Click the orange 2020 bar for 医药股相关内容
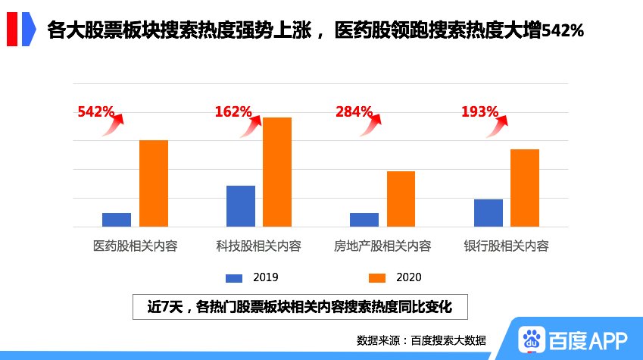(154, 183)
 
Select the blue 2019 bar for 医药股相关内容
(117, 219)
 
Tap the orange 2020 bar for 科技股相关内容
(277, 172)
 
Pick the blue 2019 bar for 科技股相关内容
(241, 205)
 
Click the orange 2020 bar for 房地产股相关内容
(401, 199)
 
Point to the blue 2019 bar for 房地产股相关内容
(364, 219)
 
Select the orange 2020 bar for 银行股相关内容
(525, 188)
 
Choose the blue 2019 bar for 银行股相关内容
(488, 212)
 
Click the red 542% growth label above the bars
(95, 112)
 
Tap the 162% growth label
(233, 112)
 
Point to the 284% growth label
(354, 112)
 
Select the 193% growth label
(479, 112)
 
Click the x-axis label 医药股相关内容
(135, 246)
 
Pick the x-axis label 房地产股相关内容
(382, 246)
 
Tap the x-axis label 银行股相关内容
(506, 246)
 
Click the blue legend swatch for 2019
(235, 277)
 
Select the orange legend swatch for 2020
(377, 277)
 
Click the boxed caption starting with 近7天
(300, 307)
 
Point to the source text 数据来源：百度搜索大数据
(421, 340)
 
